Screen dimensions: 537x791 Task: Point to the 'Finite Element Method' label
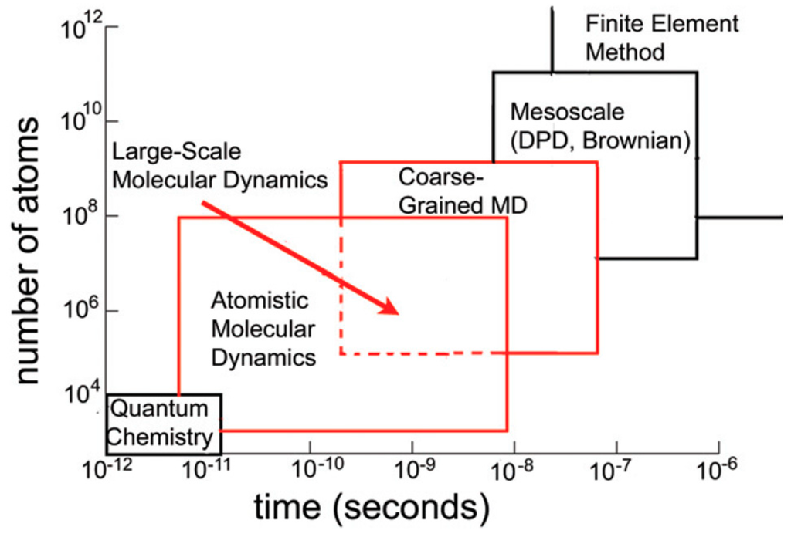(x=661, y=38)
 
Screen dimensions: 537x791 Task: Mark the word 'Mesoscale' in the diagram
(x=566, y=113)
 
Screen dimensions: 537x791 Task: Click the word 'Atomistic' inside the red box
(x=260, y=301)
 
